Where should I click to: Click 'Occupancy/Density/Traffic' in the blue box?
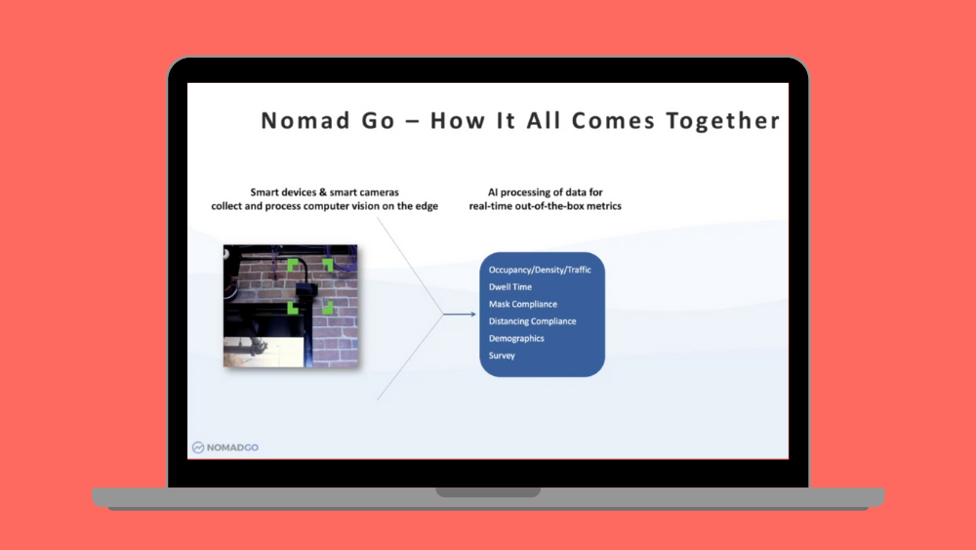pyautogui.click(x=540, y=270)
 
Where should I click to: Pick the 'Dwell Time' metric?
pyautogui.click(x=510, y=287)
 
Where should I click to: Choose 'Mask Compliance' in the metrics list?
pyautogui.click(x=523, y=304)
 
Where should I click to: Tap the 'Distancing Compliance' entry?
pyautogui.click(x=532, y=321)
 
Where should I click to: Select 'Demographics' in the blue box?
pyautogui.click(x=516, y=338)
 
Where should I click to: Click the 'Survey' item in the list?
pyautogui.click(x=502, y=356)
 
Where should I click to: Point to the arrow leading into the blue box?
pyautogui.click(x=459, y=314)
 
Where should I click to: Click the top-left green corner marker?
pyautogui.click(x=293, y=263)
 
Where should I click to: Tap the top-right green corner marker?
pyautogui.click(x=329, y=263)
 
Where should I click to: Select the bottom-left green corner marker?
pyautogui.click(x=293, y=308)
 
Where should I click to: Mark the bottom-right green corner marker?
pyautogui.click(x=328, y=308)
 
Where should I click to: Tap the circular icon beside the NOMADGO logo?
pyautogui.click(x=198, y=447)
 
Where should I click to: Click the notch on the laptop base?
pyautogui.click(x=488, y=492)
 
